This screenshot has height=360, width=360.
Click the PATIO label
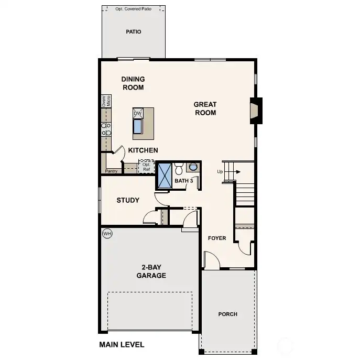point(134,32)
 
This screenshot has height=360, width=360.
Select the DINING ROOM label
point(133,83)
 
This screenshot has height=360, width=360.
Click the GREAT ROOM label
point(205,108)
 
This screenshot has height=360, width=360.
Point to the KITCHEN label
point(143,150)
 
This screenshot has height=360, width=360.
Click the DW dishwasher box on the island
point(138,113)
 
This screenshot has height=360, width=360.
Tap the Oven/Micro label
point(106,101)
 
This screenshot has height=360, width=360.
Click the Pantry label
point(111,171)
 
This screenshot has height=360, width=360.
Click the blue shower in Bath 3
point(165,174)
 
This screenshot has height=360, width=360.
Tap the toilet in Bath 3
point(179,169)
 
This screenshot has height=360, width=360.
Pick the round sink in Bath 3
point(193,167)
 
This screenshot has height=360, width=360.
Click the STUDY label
point(128,200)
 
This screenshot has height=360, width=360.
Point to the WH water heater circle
point(107,234)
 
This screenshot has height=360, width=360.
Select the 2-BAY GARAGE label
point(151,271)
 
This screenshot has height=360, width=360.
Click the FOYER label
point(217,238)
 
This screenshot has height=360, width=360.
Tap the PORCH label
point(228,314)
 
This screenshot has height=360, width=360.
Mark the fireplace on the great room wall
point(255,111)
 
